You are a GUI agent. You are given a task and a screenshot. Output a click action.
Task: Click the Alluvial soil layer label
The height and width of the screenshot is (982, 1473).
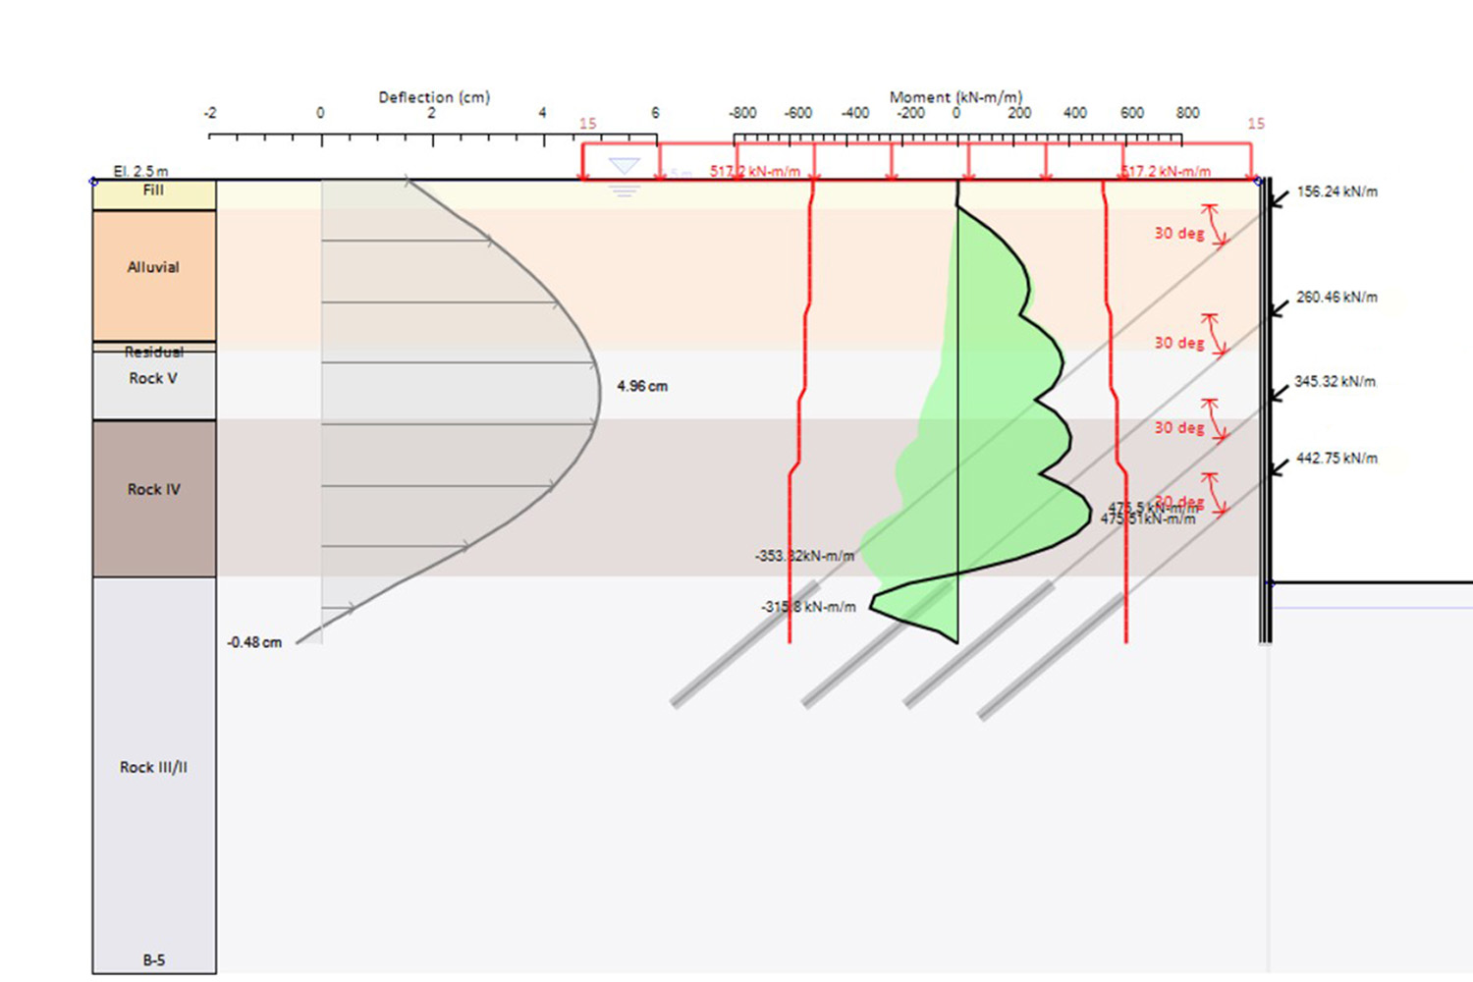153,267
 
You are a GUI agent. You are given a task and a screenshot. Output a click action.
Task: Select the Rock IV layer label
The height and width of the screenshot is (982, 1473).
153,489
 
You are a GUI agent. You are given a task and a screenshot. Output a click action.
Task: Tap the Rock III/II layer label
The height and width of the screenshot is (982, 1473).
153,767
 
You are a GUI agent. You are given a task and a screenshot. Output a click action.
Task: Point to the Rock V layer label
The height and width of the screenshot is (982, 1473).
153,378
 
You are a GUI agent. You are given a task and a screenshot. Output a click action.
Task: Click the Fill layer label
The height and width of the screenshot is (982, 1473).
153,191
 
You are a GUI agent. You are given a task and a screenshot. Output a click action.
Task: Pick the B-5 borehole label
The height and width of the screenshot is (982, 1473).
153,959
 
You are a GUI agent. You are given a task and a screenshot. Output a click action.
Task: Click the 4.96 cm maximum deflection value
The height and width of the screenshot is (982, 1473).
642,386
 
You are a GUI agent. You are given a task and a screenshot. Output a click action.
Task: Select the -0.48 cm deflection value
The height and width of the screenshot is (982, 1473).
254,642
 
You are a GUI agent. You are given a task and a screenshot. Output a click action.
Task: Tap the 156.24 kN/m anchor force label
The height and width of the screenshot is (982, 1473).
1337,191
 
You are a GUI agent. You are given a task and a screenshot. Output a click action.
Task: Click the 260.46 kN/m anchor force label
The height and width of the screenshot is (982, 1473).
1337,297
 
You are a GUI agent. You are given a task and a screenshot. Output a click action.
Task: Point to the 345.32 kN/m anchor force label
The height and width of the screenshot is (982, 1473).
1335,381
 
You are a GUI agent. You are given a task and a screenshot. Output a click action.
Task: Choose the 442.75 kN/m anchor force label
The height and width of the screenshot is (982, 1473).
1337,458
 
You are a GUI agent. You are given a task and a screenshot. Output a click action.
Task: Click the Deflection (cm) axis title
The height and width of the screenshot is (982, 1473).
434,97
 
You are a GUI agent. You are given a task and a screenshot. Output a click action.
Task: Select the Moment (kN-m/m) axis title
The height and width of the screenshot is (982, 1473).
955,97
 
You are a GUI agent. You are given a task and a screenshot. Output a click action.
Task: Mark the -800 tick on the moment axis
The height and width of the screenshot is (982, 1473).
742,113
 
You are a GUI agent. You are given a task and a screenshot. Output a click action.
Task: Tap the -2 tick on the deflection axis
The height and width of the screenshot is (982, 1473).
209,113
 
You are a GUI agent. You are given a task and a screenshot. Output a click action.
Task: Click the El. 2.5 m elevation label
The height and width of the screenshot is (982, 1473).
140,171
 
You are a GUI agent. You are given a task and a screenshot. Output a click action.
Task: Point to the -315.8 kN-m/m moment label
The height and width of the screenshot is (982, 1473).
808,607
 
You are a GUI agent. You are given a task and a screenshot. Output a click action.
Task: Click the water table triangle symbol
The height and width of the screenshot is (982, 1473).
625,166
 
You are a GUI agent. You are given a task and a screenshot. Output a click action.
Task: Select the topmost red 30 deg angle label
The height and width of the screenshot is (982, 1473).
1178,234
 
